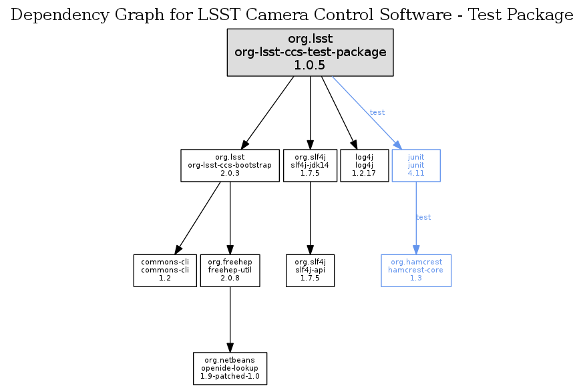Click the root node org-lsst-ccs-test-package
point(310,51)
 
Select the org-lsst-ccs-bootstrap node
point(230,165)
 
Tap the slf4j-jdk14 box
point(310,165)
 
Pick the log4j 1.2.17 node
point(364,165)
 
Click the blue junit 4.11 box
point(416,165)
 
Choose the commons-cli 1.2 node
point(165,270)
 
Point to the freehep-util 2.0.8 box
point(230,270)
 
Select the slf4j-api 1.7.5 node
point(310,270)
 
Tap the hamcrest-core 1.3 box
point(416,270)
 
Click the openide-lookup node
point(230,369)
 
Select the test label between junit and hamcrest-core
point(423,217)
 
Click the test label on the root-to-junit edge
point(377,112)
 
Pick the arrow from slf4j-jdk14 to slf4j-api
point(310,217)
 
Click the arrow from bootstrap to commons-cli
point(198,218)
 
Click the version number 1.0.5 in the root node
point(310,65)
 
